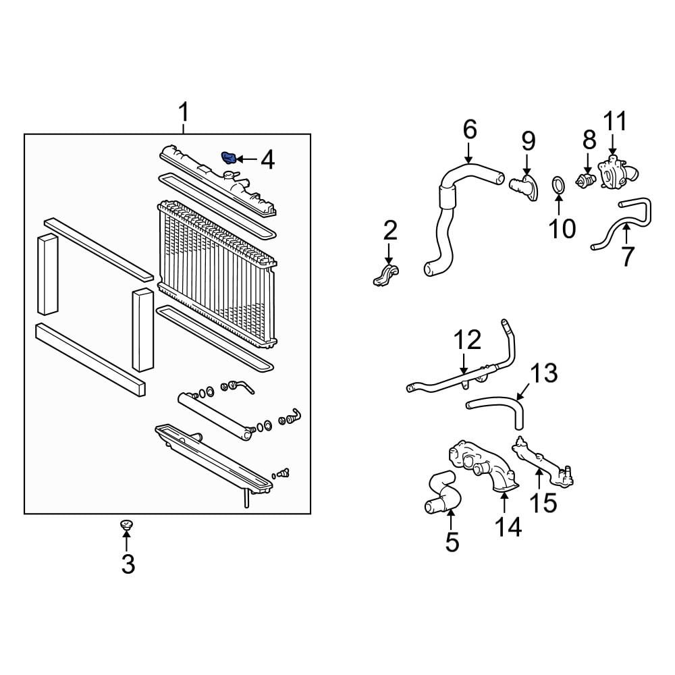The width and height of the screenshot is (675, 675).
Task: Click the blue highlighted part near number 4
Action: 228,158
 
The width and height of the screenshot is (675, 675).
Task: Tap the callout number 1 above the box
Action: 184,112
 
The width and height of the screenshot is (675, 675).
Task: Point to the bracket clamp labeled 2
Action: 385,275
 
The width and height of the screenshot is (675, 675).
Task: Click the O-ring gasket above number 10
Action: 558,186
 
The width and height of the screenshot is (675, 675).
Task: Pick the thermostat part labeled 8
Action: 585,181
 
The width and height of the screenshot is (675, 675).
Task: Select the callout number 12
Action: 467,340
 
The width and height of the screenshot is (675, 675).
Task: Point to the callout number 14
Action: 508,526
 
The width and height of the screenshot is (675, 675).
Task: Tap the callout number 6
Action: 470,129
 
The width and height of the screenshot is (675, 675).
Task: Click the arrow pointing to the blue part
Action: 246,159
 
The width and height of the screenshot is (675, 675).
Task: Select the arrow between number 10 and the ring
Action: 559,205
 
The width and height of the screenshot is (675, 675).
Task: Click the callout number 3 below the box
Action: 128,564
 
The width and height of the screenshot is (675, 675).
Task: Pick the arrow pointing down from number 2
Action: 389,254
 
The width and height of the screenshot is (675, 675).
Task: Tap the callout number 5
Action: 452,541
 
